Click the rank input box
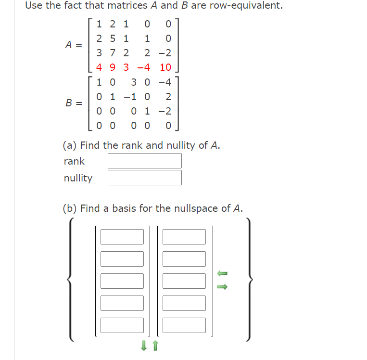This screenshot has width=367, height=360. click(144, 161)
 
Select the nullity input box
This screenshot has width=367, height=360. click(144, 178)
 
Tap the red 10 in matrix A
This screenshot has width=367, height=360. click(165, 67)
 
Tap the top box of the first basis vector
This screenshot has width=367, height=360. click(122, 236)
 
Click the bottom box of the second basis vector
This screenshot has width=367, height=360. click(184, 325)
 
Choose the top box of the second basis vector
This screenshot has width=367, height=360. click(184, 236)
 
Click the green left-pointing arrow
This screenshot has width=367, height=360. click(222, 273)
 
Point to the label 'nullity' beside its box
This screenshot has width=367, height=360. click(78, 178)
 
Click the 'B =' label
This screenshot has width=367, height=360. click(74, 103)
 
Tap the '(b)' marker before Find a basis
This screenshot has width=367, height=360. click(70, 208)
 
